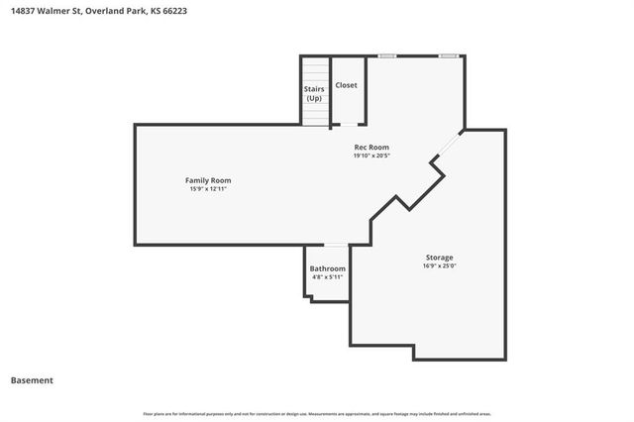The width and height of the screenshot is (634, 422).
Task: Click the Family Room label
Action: pos(208,180)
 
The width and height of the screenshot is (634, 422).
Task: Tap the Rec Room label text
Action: pos(371,148)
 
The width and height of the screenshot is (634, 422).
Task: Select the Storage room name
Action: pos(439,258)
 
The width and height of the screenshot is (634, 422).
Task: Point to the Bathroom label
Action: pos(327,268)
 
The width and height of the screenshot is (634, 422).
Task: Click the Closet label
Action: pos(346,85)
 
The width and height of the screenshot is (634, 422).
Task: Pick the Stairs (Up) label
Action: pos(314,94)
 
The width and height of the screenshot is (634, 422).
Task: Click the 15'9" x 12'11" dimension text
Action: pos(209,188)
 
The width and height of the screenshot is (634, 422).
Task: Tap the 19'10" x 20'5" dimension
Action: pos(371,156)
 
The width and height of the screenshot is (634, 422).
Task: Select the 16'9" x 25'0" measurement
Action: pos(439,265)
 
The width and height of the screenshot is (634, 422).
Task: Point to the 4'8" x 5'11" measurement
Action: pos(327,277)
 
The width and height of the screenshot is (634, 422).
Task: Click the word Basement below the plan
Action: pos(32,380)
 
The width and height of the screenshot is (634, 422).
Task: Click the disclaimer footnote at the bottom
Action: pos(317,413)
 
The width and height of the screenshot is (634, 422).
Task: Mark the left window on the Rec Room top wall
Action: pos(387,55)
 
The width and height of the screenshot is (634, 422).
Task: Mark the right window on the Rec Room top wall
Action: pos(449,55)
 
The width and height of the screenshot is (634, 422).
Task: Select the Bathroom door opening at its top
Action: pos(336,245)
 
